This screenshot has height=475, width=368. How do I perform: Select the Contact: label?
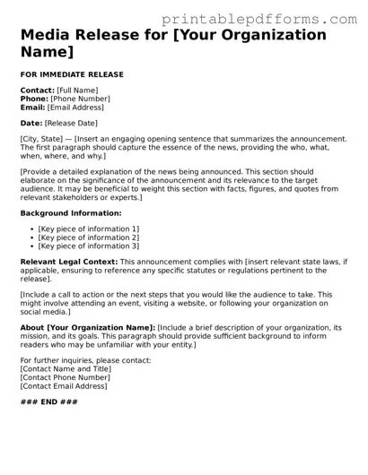(37, 91)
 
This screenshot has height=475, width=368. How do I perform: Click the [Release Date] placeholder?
(72, 123)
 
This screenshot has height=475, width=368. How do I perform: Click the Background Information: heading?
(70, 213)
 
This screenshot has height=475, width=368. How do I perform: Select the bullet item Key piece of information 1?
(88, 229)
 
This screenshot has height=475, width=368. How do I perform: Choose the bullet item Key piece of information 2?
(88, 237)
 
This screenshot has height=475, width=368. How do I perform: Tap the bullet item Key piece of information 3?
(88, 246)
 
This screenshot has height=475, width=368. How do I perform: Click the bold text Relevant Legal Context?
(68, 262)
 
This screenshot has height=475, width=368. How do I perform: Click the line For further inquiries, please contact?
(85, 360)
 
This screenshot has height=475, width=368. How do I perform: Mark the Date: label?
(31, 123)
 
